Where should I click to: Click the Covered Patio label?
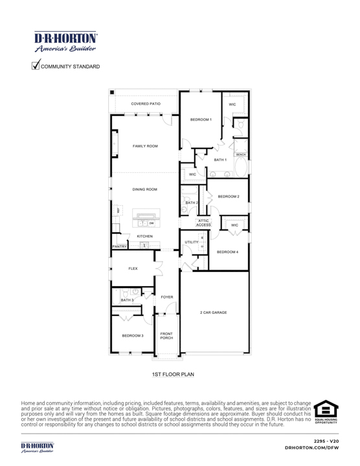click(145, 104)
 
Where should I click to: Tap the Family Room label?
click(145, 146)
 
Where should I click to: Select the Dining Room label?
click(145, 190)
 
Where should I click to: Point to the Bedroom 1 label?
click(201, 120)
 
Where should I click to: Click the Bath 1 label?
click(221, 159)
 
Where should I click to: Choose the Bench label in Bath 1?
click(241, 155)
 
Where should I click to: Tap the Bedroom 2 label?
click(229, 196)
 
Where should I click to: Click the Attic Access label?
click(203, 223)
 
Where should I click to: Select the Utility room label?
click(191, 241)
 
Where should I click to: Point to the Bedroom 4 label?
click(228, 252)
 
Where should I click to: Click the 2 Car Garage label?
click(213, 313)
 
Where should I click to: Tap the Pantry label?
click(119, 247)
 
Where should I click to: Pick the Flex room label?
click(133, 268)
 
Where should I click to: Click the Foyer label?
click(166, 297)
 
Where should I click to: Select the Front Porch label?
click(166, 335)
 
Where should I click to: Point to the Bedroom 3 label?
click(133, 335)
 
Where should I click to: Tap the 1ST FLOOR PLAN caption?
click(173, 374)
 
